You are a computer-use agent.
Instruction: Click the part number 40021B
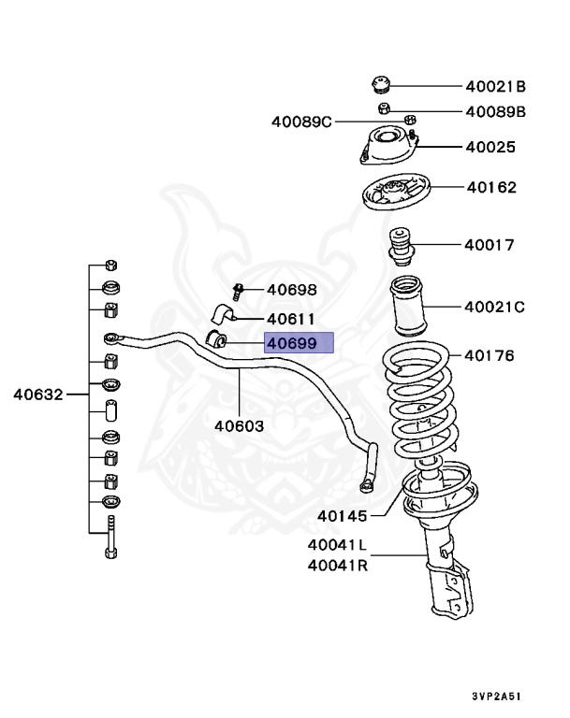click(x=496, y=87)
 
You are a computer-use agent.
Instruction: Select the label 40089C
click(x=301, y=122)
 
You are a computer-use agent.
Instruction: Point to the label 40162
click(x=490, y=187)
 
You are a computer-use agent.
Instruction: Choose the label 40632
click(x=37, y=394)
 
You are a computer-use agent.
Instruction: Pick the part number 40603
click(x=239, y=425)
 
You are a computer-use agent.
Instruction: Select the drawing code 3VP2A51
click(x=497, y=696)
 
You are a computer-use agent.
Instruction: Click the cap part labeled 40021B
click(x=381, y=85)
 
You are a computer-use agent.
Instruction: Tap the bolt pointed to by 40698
click(x=237, y=292)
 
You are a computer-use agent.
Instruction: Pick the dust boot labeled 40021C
click(x=408, y=306)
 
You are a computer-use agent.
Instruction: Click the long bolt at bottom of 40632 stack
click(x=110, y=537)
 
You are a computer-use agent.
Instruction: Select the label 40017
click(x=489, y=246)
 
